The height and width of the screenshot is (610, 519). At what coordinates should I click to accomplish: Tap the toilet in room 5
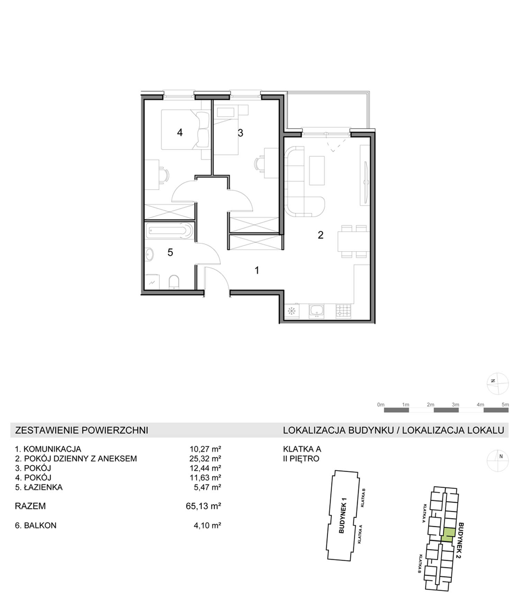[x=174, y=282]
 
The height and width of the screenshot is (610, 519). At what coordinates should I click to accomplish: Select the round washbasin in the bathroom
[x=150, y=254]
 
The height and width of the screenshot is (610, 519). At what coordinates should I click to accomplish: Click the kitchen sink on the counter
[x=316, y=311]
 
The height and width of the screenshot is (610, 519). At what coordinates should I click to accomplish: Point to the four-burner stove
[x=343, y=311]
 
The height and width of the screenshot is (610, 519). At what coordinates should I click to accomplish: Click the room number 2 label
[x=320, y=235]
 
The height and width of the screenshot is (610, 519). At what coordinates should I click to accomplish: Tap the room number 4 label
[x=180, y=132]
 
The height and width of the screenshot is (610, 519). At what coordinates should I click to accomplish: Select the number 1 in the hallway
[x=257, y=270]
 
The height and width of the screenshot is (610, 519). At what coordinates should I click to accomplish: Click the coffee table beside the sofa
[x=317, y=170]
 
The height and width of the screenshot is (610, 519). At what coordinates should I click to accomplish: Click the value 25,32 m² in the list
[x=205, y=458]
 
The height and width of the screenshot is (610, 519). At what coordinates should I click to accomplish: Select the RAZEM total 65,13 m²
[x=203, y=506]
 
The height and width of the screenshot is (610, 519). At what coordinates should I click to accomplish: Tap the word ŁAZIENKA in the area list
[x=43, y=487]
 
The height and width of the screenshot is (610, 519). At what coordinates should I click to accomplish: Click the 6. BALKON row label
[x=36, y=525]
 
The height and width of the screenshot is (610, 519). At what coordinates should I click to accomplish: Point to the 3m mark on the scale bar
[x=455, y=404]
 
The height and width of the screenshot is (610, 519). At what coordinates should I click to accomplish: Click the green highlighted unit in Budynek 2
[x=448, y=535]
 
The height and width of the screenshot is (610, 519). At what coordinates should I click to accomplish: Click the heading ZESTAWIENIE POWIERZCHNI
[x=82, y=430]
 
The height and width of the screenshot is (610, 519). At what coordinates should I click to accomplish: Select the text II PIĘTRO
[x=301, y=459]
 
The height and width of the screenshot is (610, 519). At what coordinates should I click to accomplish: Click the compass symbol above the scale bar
[x=498, y=383]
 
